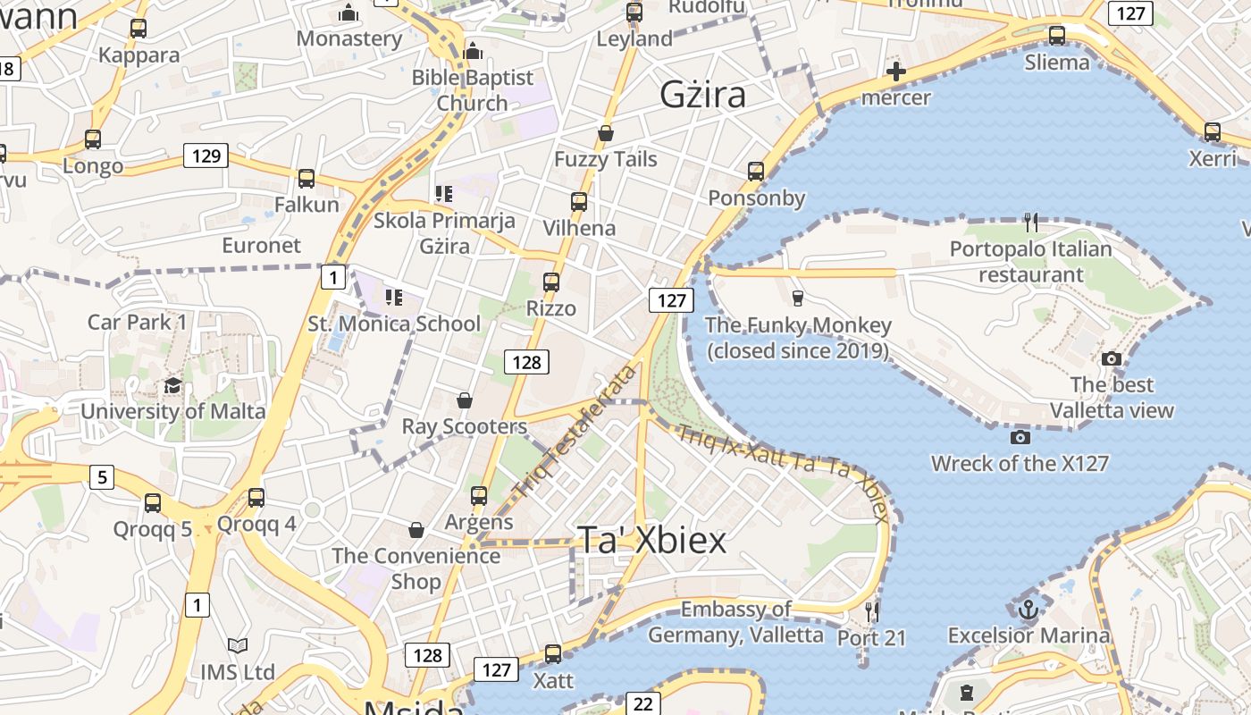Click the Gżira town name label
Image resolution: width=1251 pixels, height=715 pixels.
703,95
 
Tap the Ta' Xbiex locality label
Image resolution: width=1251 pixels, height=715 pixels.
651,540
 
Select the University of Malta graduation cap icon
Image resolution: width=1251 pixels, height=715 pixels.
172,385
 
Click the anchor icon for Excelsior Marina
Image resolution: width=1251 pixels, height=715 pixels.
1029,610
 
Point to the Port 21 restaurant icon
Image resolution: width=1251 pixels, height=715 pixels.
872,611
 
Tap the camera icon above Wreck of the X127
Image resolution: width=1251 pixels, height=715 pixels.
1020,437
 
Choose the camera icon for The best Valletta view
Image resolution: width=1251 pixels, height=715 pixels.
1112,358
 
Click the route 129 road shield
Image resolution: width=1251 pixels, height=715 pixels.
206,156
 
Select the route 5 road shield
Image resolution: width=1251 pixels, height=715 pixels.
102,477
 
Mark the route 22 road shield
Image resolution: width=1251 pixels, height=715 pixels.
643,703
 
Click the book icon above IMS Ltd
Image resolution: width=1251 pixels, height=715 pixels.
237,645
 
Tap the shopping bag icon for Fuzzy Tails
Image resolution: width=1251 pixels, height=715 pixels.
606,133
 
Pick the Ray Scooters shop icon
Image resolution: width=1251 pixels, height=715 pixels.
464,400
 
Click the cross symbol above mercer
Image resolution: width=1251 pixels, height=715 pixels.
895,71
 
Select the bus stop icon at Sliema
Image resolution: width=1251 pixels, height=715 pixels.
1057,36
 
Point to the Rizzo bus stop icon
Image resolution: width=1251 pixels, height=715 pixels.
551,282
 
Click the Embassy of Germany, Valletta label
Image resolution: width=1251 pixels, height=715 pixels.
735,622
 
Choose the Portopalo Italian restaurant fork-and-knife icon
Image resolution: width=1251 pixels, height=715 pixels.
1031,222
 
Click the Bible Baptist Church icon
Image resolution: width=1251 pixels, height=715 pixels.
473,51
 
